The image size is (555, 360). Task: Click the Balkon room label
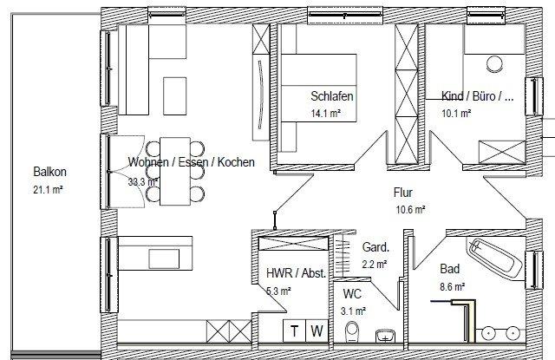click(49, 172)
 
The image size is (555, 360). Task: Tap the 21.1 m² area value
click(49, 188)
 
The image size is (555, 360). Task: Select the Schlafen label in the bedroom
click(332, 96)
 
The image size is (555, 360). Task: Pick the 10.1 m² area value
click(456, 113)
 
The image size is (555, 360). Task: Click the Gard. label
click(375, 246)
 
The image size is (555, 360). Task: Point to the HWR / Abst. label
click(296, 273)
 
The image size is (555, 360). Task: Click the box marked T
click(295, 331)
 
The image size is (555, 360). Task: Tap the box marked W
click(317, 331)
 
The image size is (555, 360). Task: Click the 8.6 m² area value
click(453, 285)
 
